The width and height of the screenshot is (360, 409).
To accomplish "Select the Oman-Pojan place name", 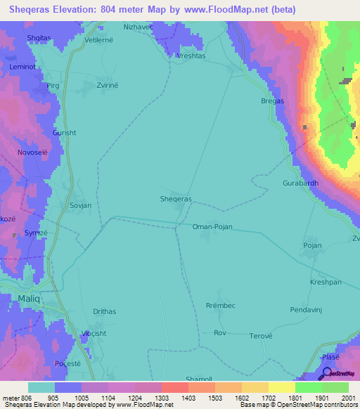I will [x=212, y=227].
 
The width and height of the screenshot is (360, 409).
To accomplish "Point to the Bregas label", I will [x=272, y=101].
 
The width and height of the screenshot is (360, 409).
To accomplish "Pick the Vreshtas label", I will [x=191, y=56].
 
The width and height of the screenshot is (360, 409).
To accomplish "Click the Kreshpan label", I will [x=326, y=282].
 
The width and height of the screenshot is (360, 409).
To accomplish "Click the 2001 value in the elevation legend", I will [x=347, y=398].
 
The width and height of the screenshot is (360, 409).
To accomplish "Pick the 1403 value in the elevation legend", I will [x=188, y=398].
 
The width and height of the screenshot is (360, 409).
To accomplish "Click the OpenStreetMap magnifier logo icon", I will [x=326, y=376].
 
